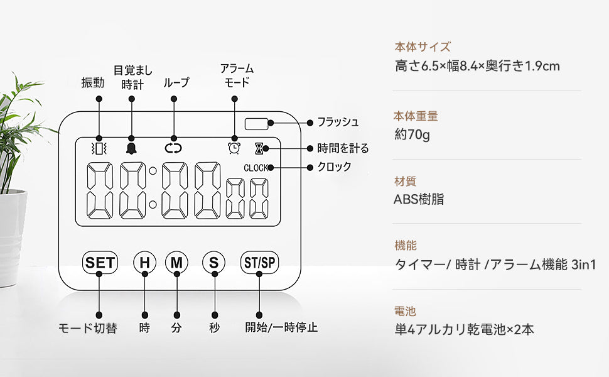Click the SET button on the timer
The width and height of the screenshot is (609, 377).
[100, 262]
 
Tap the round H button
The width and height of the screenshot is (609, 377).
[145, 263]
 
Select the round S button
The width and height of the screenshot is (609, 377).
[214, 263]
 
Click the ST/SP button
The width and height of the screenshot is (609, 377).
[259, 263]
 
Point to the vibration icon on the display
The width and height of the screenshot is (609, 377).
[99, 148]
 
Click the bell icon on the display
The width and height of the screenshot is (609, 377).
[131, 148]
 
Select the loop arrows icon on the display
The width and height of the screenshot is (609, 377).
[172, 148]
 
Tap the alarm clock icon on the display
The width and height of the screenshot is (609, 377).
[234, 148]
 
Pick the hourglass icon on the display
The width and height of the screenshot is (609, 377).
[259, 148]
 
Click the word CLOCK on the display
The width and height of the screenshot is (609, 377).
[256, 168]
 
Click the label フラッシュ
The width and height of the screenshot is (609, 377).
[338, 122]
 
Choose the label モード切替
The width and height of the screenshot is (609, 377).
[87, 328]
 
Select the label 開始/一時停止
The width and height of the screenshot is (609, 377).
[281, 327]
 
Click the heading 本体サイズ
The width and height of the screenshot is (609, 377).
[423, 46]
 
